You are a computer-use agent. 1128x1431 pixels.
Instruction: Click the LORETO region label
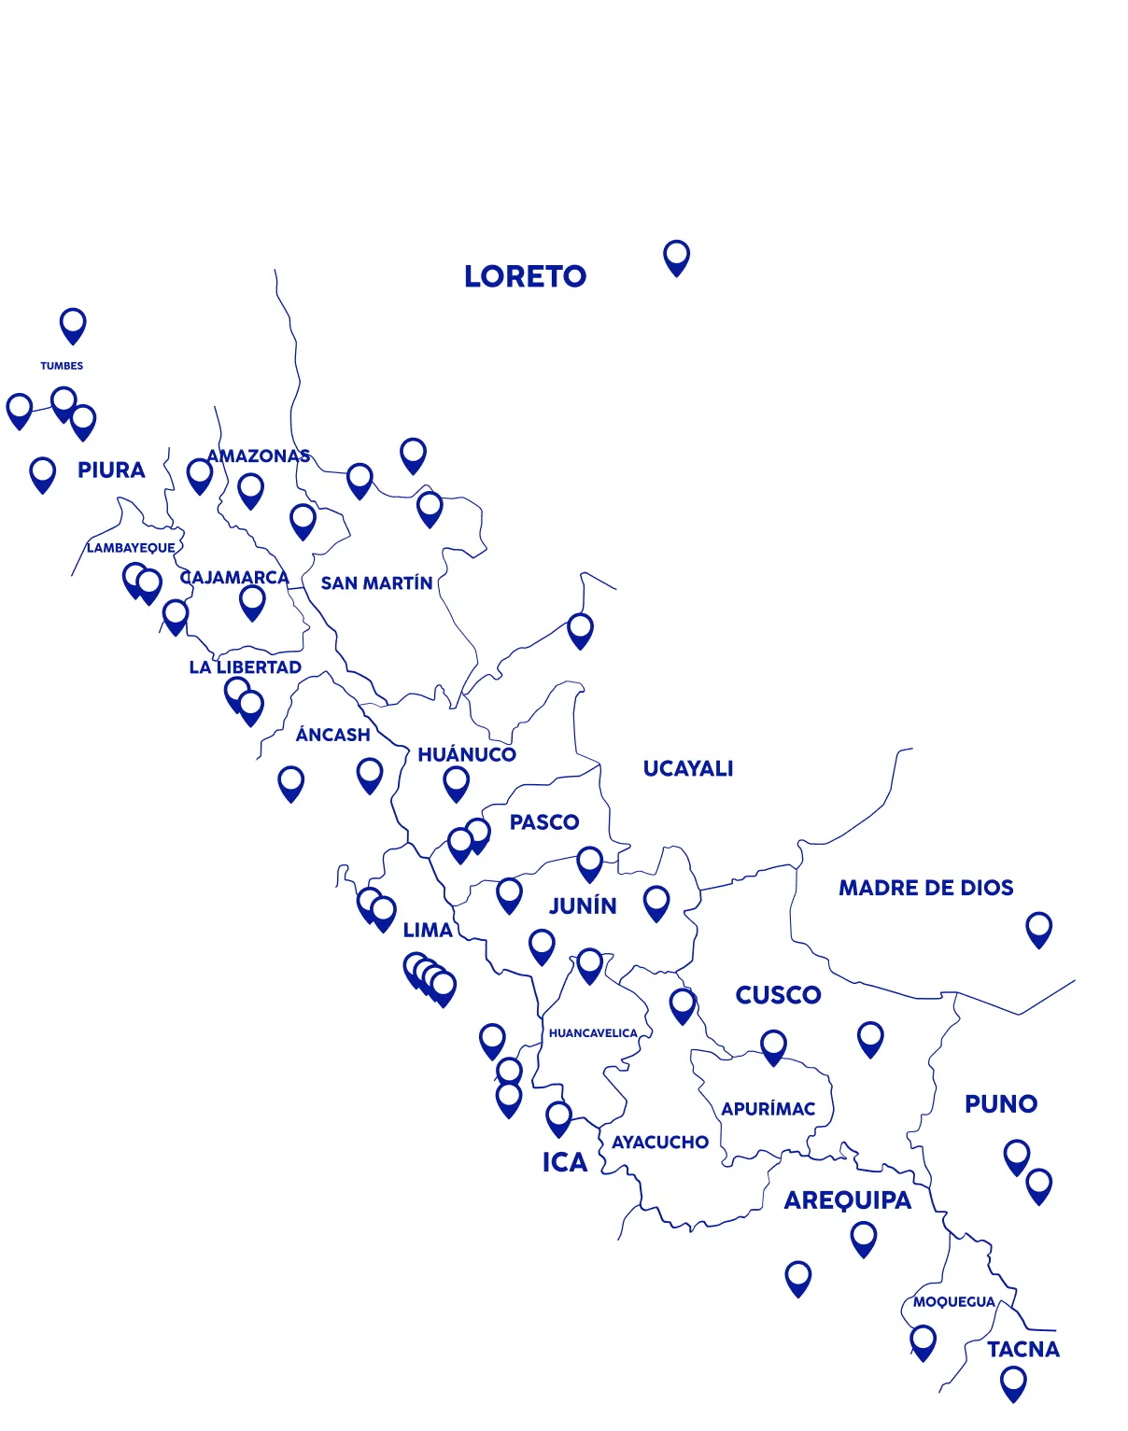point(525,276)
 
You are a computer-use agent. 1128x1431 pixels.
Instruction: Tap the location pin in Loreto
point(676,256)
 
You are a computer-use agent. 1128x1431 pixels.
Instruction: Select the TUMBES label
point(62,366)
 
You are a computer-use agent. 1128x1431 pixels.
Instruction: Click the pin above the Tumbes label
point(73,323)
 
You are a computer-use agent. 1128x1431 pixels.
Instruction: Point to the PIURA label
point(111,470)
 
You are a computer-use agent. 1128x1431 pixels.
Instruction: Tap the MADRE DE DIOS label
point(925,888)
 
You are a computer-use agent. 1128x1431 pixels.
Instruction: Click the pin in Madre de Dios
point(1038,928)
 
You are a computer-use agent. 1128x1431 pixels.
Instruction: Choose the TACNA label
point(1023,1349)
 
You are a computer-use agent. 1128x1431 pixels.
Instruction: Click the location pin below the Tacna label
point(1013,1382)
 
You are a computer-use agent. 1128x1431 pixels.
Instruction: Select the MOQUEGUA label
point(953,1302)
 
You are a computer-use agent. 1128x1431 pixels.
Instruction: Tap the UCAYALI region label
point(688,768)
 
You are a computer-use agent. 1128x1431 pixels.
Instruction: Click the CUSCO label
point(778,995)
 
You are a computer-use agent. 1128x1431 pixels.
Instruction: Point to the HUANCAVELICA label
point(593,1033)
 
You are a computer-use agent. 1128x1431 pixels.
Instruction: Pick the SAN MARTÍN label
point(376,583)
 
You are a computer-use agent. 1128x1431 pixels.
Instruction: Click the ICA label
point(565,1162)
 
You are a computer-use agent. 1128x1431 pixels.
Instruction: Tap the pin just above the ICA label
point(558,1117)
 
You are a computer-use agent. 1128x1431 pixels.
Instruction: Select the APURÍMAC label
point(768,1109)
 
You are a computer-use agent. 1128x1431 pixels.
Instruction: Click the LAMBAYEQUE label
point(131,548)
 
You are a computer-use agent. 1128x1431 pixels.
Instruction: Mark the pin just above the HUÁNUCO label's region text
point(456,782)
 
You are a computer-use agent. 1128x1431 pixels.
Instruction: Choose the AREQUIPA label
point(847,1200)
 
